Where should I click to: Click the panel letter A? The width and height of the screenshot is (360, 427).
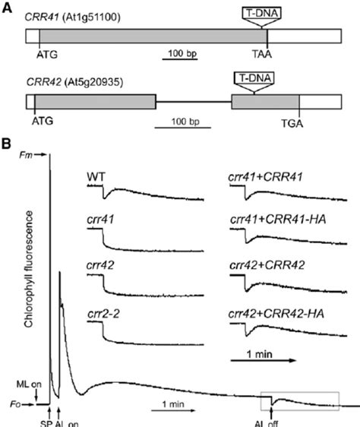coord(8,8)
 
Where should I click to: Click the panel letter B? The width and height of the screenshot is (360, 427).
coord(8,143)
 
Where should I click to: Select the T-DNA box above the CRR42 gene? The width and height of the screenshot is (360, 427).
coord(254,77)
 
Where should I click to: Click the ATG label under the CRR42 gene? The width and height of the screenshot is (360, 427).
coord(43,119)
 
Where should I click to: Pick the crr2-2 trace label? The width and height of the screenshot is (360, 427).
coord(101,312)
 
